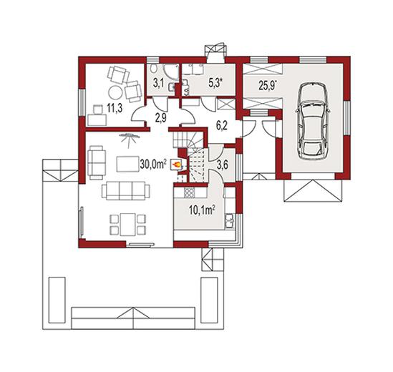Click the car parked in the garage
313,121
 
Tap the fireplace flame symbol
176,165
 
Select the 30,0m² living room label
153,165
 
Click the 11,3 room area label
115,109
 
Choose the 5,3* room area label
215,84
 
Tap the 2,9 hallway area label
160,118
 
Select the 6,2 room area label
222,125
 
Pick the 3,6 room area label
222,165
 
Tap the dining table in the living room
128,224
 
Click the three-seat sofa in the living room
126,191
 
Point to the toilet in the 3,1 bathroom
154,68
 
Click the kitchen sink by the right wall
230,220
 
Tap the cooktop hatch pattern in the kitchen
189,193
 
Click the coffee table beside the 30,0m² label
128,164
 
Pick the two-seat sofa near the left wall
97,162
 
